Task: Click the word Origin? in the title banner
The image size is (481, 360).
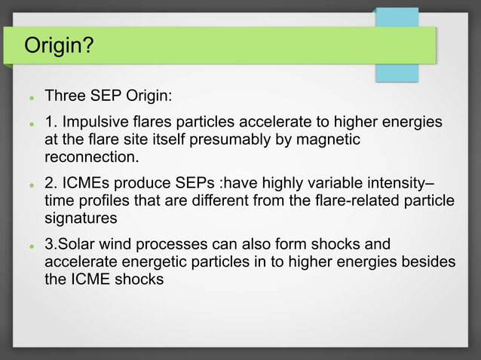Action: pos(60,47)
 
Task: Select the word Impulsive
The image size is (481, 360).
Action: pos(95,123)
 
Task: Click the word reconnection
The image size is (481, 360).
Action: pos(92,157)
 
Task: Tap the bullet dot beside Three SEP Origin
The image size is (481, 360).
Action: pos(28,98)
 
